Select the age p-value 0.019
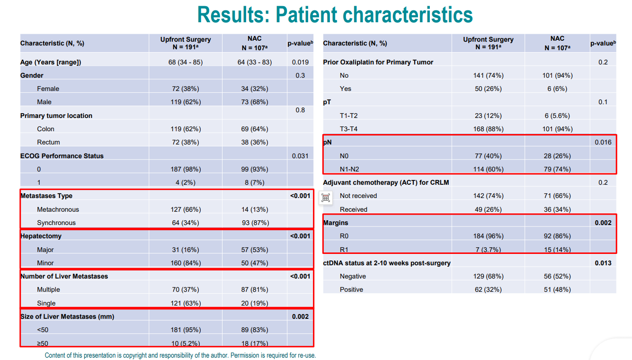tap(300, 62)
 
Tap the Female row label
tap(48, 89)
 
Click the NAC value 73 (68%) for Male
tap(255, 102)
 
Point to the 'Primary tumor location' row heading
tap(56, 116)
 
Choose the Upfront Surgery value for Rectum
tap(186, 142)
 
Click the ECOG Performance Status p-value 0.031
tap(300, 156)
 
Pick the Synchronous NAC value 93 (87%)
tap(255, 223)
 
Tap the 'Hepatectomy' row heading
tap(41, 236)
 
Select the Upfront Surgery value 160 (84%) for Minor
tap(186, 263)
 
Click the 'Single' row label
tap(46, 303)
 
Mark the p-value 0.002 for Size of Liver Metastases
tap(300, 316)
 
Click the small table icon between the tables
tap(326, 198)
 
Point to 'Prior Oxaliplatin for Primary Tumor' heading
tap(378, 62)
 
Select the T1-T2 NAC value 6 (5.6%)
tap(557, 116)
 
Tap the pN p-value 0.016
tap(603, 142)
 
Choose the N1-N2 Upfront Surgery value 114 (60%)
tap(488, 169)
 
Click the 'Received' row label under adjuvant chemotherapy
tap(354, 209)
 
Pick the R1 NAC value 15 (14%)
tap(557, 250)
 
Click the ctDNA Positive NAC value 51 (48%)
tap(557, 290)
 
